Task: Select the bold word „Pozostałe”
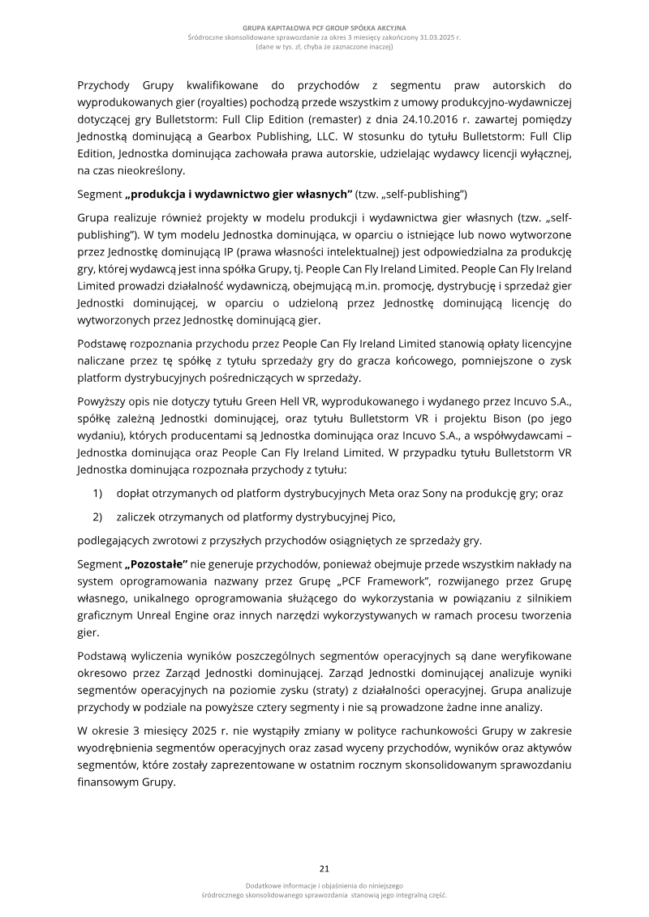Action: (x=157, y=563)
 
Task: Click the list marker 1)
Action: (x=97, y=493)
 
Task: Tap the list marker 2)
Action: (x=97, y=516)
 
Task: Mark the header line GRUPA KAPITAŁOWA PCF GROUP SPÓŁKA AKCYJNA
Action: (x=324, y=28)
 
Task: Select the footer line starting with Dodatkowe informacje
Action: (x=324, y=885)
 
